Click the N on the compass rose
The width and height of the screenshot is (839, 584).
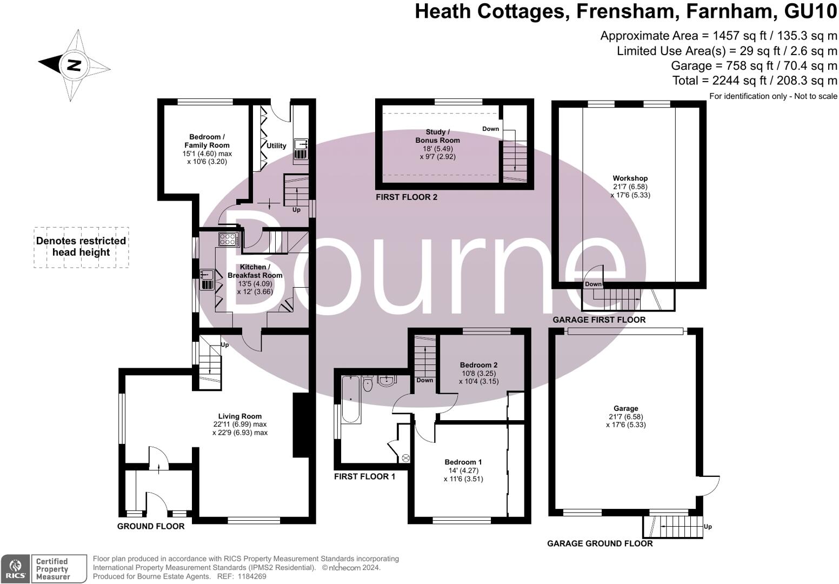(x=74, y=65)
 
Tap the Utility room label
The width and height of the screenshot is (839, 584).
(x=276, y=146)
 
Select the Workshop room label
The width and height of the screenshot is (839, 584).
(x=630, y=178)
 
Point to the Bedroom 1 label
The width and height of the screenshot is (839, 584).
(x=463, y=462)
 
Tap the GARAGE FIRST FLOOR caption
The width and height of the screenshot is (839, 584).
(x=598, y=320)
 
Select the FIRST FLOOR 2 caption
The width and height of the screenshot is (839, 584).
(x=407, y=197)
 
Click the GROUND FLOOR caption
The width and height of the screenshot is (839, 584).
(x=151, y=526)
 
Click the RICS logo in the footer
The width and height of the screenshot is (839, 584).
(x=15, y=569)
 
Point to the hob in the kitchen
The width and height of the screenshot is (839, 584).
(x=229, y=239)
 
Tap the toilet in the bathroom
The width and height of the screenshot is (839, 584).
(x=368, y=383)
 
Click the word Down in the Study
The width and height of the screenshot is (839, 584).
(x=490, y=129)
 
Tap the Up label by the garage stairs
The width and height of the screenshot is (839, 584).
(x=708, y=527)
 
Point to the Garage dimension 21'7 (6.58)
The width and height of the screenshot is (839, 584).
(x=625, y=417)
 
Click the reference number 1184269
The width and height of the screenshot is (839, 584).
(x=250, y=576)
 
